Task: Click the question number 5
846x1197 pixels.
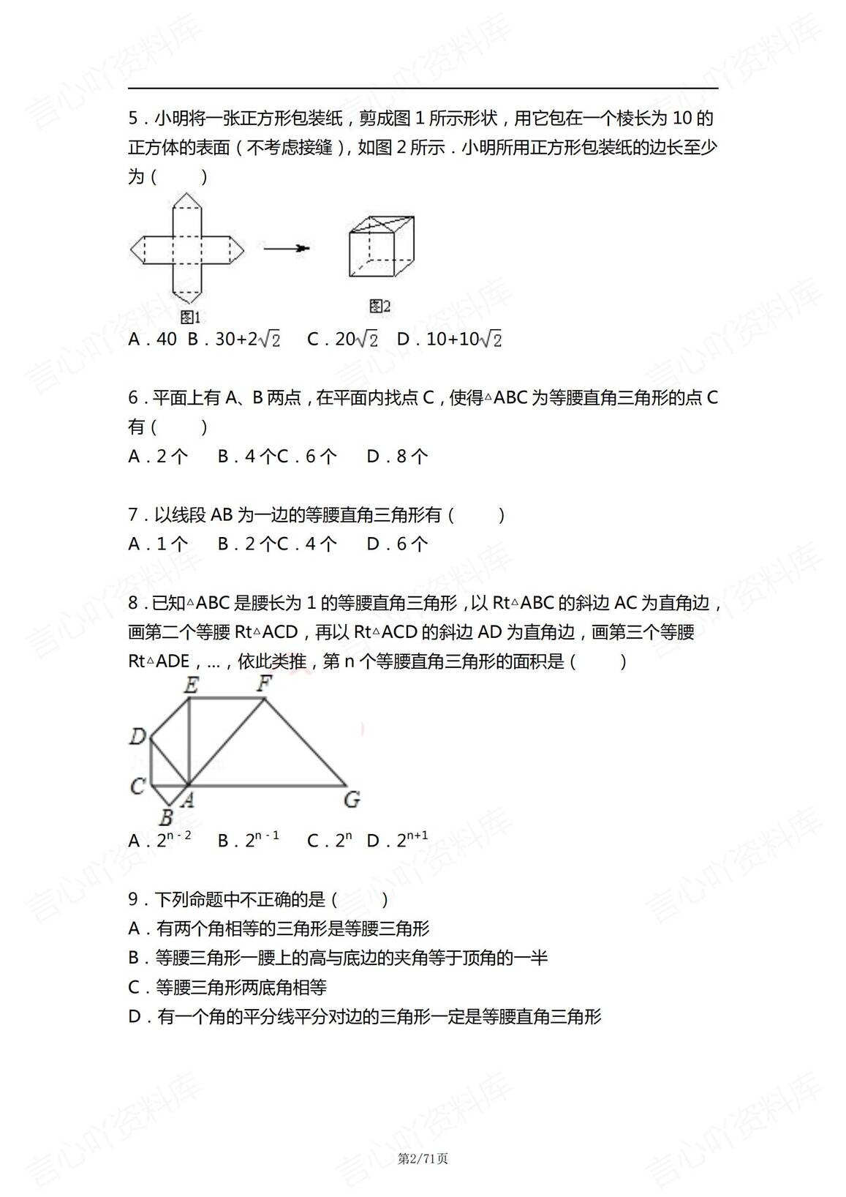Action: [x=133, y=119]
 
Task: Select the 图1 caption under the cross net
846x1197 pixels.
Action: [x=190, y=317]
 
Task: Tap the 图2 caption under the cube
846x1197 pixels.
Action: [x=380, y=306]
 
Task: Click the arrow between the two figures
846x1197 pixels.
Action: [x=286, y=249]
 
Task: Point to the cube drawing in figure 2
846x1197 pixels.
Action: [x=381, y=247]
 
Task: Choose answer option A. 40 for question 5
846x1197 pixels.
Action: [x=153, y=339]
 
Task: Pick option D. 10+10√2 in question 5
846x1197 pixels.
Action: [x=449, y=339]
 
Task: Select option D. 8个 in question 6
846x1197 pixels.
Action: [x=397, y=457]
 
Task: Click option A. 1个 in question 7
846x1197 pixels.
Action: [x=158, y=544]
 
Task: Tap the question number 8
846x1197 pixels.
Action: [x=133, y=604]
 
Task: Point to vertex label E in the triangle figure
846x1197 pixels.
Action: [x=191, y=686]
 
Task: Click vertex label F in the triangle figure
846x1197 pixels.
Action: [x=264, y=684]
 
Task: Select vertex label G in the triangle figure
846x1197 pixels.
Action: [x=352, y=799]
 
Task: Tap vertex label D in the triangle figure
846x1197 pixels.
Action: [x=137, y=737]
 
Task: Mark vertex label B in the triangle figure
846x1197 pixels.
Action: [x=166, y=817]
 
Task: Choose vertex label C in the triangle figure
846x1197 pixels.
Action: [x=137, y=787]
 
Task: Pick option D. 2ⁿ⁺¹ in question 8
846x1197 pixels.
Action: [x=397, y=841]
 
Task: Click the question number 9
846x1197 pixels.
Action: [x=133, y=900]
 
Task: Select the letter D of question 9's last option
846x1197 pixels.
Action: [x=135, y=1017]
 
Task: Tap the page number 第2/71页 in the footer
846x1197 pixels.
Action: [x=423, y=1158]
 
